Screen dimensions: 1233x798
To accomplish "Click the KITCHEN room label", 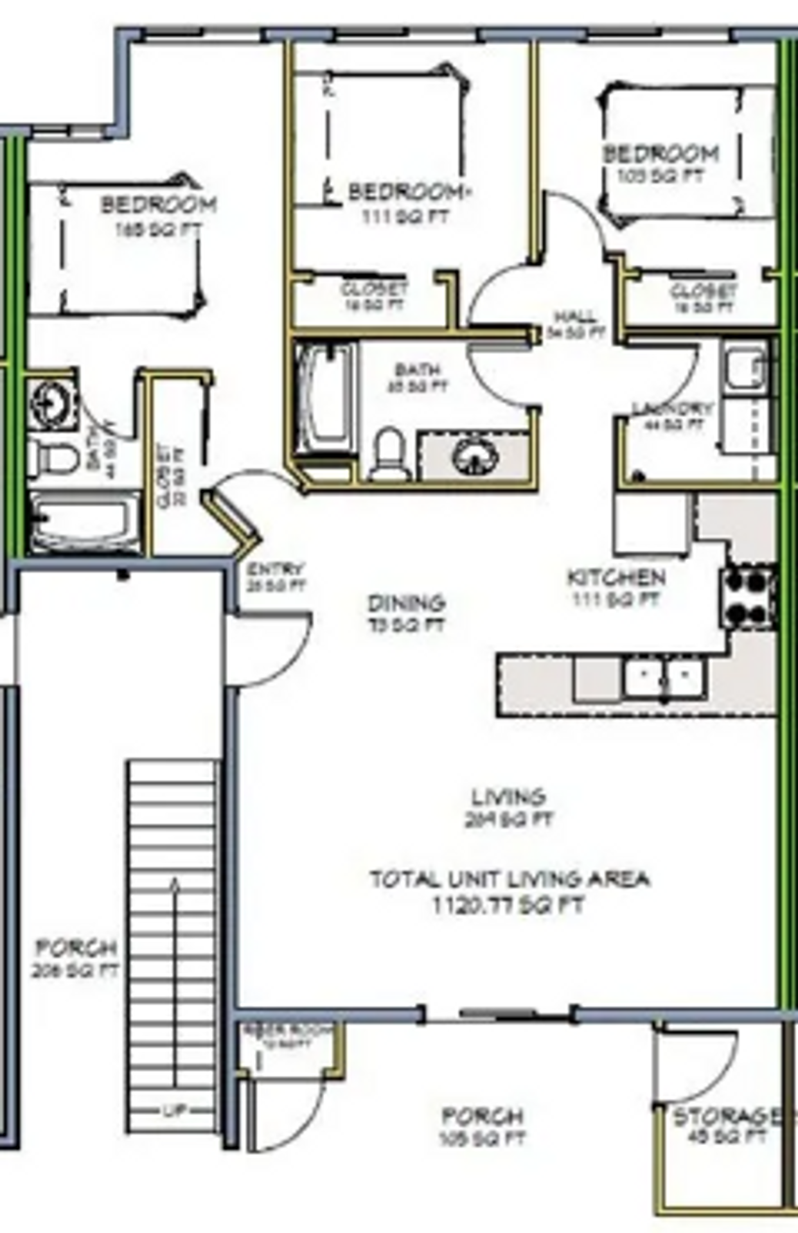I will [x=616, y=577].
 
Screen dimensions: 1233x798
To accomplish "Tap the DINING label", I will [x=406, y=603].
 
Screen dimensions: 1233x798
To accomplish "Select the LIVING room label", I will [x=508, y=797].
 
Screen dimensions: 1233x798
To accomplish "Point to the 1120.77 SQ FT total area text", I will [x=508, y=905].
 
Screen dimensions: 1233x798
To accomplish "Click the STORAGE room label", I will [x=726, y=1117].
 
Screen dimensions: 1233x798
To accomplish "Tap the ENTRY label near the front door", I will [x=275, y=569].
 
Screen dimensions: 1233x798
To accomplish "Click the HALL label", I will [x=575, y=317].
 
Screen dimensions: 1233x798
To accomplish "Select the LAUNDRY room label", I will [x=672, y=408].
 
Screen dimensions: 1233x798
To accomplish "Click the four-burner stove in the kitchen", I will [x=748, y=597].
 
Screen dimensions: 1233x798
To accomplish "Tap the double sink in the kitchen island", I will [x=664, y=678].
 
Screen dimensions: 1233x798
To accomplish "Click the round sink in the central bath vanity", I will [x=475, y=456].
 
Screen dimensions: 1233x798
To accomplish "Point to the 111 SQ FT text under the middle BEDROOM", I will [x=405, y=216].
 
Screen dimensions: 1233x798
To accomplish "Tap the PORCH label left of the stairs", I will [x=76, y=948].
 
